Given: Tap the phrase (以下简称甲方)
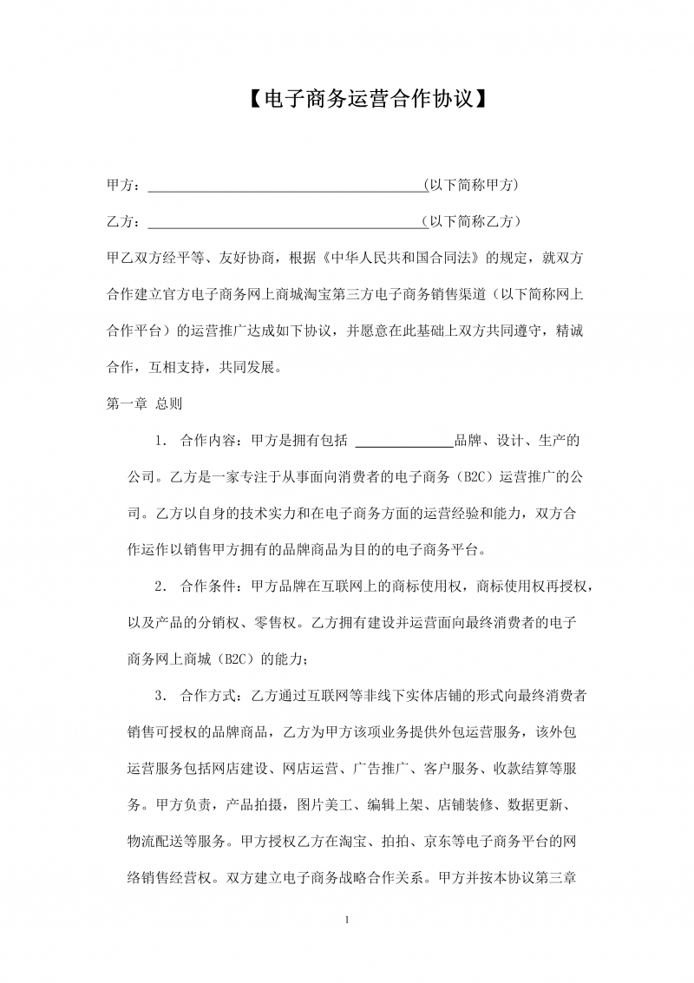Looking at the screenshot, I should (x=470, y=185).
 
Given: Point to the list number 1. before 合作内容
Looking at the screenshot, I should (x=161, y=440).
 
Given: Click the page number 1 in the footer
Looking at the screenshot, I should (x=347, y=920).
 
